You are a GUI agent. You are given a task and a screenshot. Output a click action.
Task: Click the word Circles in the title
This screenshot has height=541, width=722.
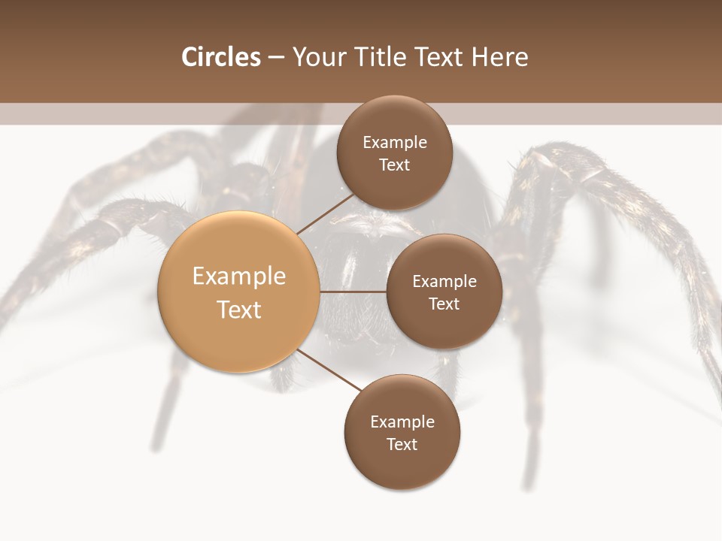pos(221,57)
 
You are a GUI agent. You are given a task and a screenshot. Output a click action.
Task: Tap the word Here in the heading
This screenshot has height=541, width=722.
pos(499,57)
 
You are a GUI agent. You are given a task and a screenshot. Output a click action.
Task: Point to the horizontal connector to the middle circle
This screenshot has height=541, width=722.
pos(353,292)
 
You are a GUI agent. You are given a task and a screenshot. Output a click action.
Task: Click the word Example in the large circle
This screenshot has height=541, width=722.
pos(239,276)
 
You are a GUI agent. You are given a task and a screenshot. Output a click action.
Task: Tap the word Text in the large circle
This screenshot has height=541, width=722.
pos(239,310)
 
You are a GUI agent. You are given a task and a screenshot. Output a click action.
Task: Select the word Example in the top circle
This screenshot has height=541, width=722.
pos(395,143)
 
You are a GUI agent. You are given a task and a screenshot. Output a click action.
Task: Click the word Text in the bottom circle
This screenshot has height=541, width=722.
pos(402,444)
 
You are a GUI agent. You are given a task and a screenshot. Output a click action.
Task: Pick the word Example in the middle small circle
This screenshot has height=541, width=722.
pos(444,282)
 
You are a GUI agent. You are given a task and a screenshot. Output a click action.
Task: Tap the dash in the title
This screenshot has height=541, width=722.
pos(275,58)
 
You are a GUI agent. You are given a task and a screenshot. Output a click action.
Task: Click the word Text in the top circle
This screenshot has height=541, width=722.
pos(394,165)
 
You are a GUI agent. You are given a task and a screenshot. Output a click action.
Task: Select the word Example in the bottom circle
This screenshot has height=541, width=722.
pos(402,422)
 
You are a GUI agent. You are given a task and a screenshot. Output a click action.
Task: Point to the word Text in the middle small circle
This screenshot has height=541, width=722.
pos(444,304)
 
